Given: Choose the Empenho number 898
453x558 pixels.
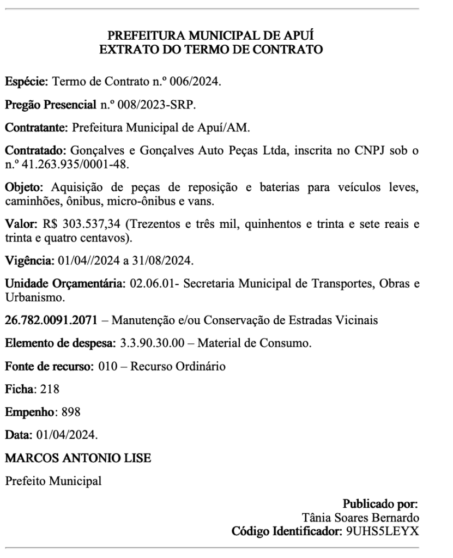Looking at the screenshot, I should tap(72, 413).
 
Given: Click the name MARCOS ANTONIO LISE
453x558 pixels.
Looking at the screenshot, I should tap(78, 458).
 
